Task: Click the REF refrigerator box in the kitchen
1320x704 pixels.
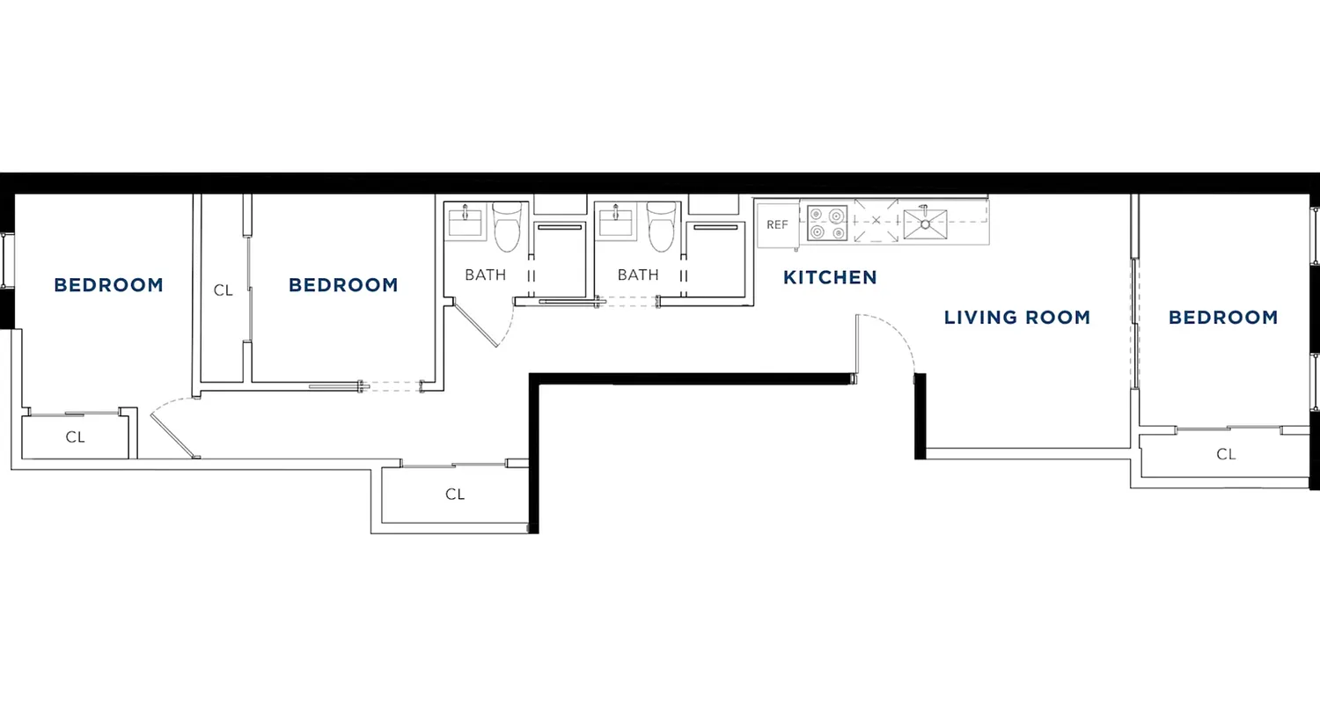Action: [777, 224]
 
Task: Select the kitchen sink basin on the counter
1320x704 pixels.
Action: [925, 224]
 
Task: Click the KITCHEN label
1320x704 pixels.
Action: [830, 278]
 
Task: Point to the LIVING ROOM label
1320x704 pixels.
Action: [1016, 318]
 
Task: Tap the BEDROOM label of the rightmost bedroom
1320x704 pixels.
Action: [1222, 318]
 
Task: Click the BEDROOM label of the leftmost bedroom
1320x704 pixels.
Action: [108, 285]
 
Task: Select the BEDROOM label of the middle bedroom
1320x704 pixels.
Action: [343, 285]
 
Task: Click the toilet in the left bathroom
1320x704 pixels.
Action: [507, 226]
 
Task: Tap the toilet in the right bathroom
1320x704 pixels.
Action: [661, 226]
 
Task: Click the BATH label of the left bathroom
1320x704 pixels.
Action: [485, 275]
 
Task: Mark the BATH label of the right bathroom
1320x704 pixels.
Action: [637, 275]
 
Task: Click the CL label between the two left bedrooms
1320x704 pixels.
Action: [224, 290]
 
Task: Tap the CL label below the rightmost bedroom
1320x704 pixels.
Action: [1225, 454]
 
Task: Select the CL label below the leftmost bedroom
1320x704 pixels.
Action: [76, 436]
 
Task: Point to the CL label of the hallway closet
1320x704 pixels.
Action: [454, 495]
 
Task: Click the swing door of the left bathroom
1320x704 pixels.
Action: [475, 323]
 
